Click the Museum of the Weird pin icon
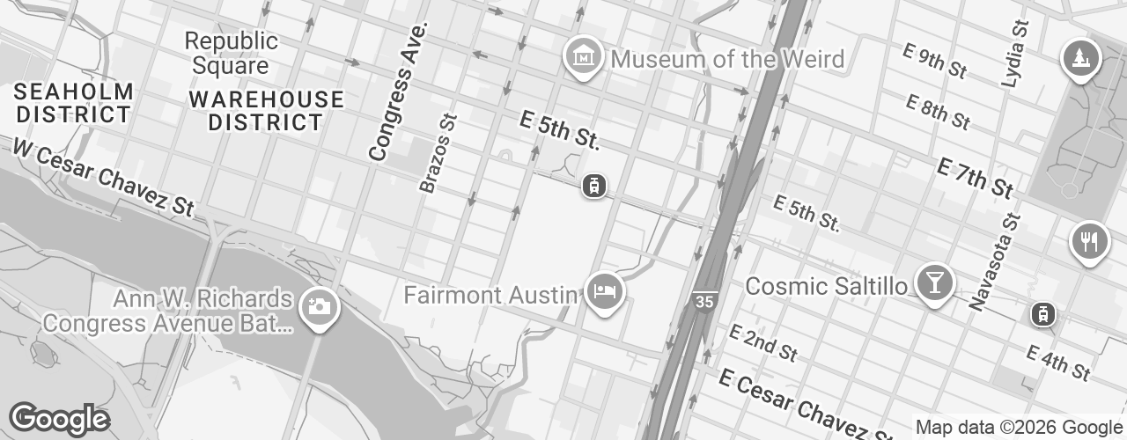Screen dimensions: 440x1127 point(582,56)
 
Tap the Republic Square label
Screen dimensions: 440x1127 point(232,53)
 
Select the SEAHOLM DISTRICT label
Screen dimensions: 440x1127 point(74,103)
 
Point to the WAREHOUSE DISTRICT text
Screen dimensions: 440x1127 point(266,111)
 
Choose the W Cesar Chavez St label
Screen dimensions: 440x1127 point(102,177)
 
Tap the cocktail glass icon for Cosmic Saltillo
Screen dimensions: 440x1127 point(933,282)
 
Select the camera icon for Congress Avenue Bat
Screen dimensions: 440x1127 point(318,307)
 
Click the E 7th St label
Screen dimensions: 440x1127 point(975,177)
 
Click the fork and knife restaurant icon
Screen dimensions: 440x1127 point(1089,240)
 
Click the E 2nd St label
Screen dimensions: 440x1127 point(762,342)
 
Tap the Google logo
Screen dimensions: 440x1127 point(59,419)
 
